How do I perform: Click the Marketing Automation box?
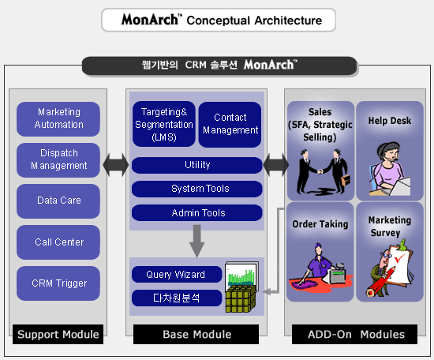pos(58,118)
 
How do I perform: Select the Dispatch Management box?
pos(58,159)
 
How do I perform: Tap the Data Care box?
pos(58,201)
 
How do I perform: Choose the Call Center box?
pos(58,242)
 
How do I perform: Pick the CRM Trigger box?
pos(58,283)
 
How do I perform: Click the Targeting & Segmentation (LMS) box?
pos(164,124)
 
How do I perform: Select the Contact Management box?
pos(230,124)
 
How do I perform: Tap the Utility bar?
pos(197,165)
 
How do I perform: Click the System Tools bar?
pos(197,189)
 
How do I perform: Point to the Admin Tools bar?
pos(197,212)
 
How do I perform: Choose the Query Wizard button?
pos(177,275)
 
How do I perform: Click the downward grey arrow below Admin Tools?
pos(196,241)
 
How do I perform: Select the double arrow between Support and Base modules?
pos(116,165)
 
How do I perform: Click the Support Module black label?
pos(58,334)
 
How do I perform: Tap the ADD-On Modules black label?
pos(354,334)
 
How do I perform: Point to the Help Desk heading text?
pos(390,121)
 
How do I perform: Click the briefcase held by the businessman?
pos(346,180)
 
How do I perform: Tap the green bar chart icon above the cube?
pos(241,275)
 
